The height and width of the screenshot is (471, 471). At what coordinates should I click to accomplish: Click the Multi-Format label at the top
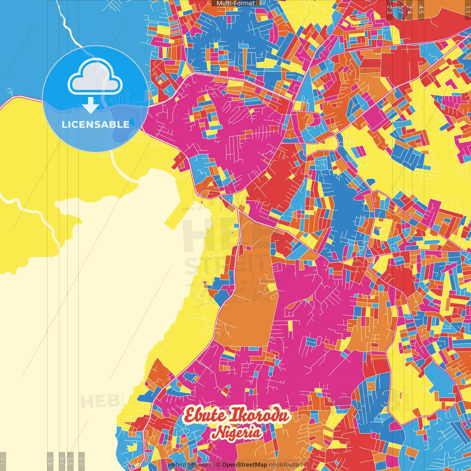click(x=235, y=3)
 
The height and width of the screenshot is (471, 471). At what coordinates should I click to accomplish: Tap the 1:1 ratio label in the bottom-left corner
click(x=3, y=461)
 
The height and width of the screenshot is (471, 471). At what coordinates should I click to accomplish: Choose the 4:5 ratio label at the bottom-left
click(x=50, y=461)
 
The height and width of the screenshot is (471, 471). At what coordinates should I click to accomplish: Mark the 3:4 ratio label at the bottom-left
click(x=62, y=461)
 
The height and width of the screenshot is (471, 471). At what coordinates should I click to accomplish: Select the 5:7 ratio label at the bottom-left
click(x=70, y=461)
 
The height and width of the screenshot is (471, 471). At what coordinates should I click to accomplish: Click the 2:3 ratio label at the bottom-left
click(x=82, y=461)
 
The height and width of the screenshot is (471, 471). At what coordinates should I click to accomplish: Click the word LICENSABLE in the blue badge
click(x=95, y=124)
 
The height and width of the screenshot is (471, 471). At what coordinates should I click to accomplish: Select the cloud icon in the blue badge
click(x=95, y=77)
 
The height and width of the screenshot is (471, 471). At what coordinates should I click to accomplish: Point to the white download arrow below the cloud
click(x=91, y=105)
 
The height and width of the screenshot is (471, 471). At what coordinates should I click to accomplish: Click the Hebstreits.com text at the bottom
click(x=189, y=465)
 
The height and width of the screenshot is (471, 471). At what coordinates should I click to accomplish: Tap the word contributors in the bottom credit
click(x=286, y=465)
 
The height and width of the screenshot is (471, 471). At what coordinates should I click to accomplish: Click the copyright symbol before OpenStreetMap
click(x=218, y=465)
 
